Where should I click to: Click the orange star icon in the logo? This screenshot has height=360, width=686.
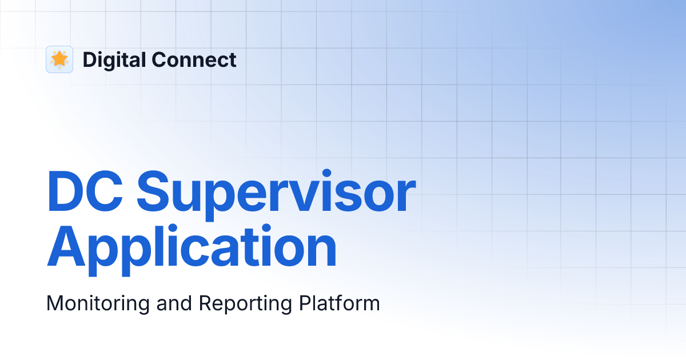[59, 59]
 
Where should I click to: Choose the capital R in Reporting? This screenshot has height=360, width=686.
[205, 303]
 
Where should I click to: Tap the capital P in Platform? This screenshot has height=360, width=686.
[305, 303]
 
